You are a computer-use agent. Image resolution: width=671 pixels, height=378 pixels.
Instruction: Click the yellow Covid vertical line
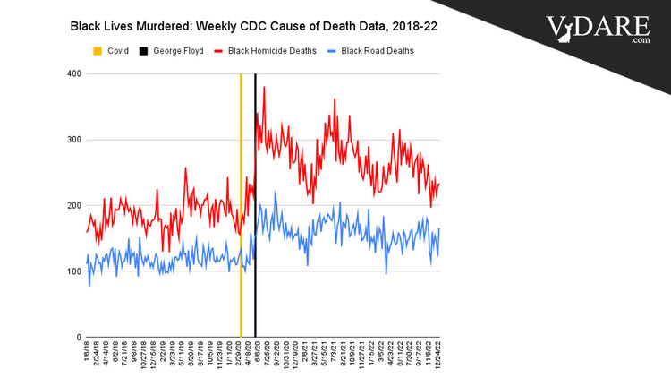click(241, 206)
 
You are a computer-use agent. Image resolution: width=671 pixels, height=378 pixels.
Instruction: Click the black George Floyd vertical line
click(256, 206)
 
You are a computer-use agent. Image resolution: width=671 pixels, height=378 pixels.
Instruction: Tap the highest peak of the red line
click(264, 87)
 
